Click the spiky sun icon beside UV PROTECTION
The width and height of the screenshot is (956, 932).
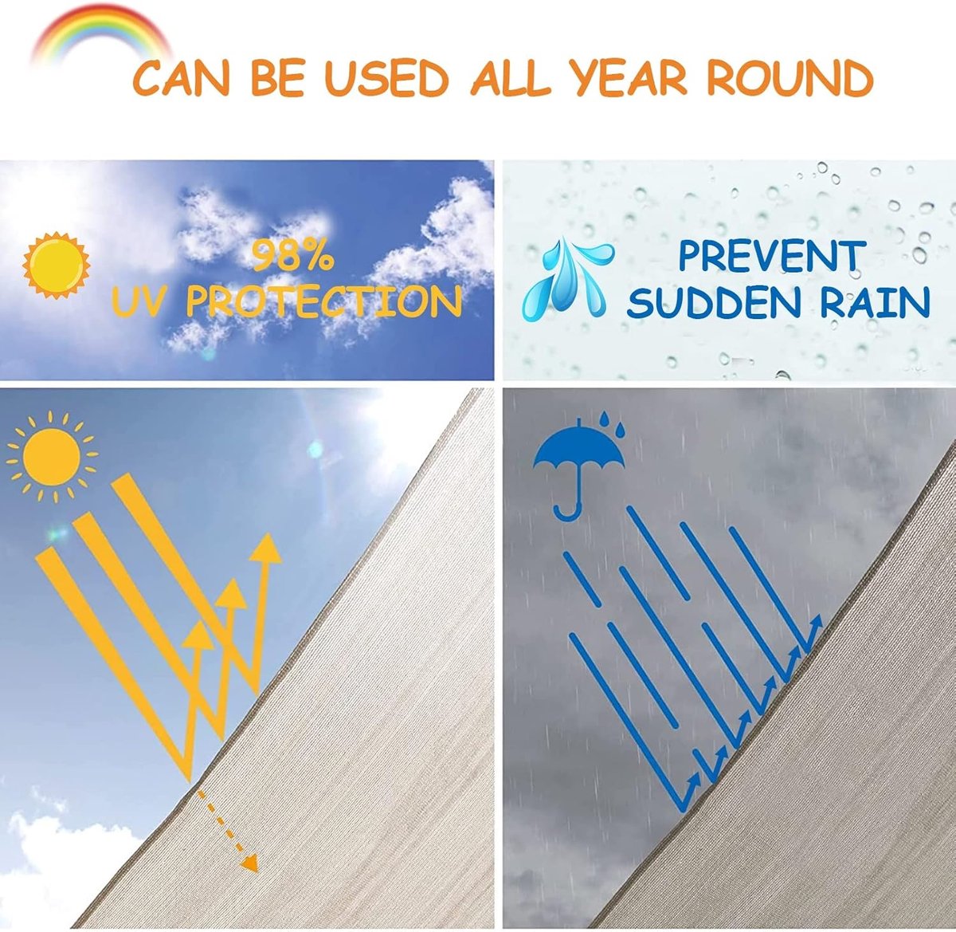pyautogui.click(x=57, y=265)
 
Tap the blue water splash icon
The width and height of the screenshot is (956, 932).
pyautogui.click(x=568, y=279)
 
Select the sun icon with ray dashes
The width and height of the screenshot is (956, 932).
pyautogui.click(x=52, y=457)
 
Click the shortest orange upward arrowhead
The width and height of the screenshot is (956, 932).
pyautogui.click(x=198, y=635)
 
